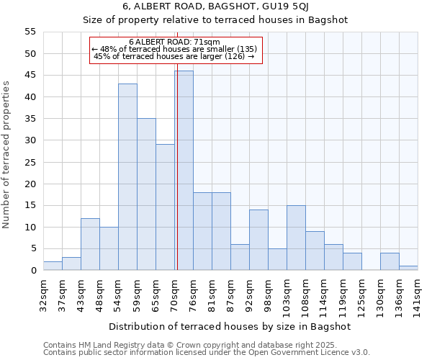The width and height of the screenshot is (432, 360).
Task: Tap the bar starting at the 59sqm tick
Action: (146, 194)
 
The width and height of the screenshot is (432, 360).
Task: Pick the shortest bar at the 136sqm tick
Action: (408, 268)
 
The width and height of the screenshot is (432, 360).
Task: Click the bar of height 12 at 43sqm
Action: (90, 244)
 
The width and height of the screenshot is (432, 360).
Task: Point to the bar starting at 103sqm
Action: (296, 238)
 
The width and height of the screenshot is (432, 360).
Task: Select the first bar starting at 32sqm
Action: (53, 266)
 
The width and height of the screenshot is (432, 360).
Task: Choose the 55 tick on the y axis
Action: (30, 32)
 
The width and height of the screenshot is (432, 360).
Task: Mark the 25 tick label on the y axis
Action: (30, 162)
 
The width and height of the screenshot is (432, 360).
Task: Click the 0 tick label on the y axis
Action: (33, 271)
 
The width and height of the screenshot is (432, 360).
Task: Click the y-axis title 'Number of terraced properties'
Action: (7, 155)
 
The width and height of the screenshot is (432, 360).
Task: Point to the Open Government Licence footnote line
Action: (206, 353)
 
